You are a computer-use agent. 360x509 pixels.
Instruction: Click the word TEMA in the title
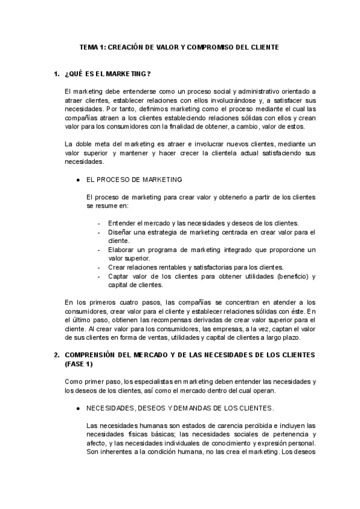89,46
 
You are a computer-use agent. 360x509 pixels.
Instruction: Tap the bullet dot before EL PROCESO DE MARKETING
78,179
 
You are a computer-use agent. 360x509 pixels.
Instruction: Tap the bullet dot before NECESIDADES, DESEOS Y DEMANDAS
78,408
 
